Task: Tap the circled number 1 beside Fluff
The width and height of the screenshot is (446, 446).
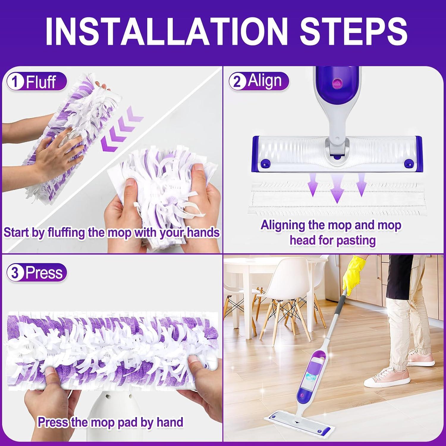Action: coord(15,82)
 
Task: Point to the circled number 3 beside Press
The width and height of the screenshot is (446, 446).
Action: coord(15,273)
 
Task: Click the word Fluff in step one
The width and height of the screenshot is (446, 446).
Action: coord(41,82)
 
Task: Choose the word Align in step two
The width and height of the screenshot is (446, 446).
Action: coord(265,81)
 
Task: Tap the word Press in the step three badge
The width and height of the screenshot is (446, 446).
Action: coord(44,273)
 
